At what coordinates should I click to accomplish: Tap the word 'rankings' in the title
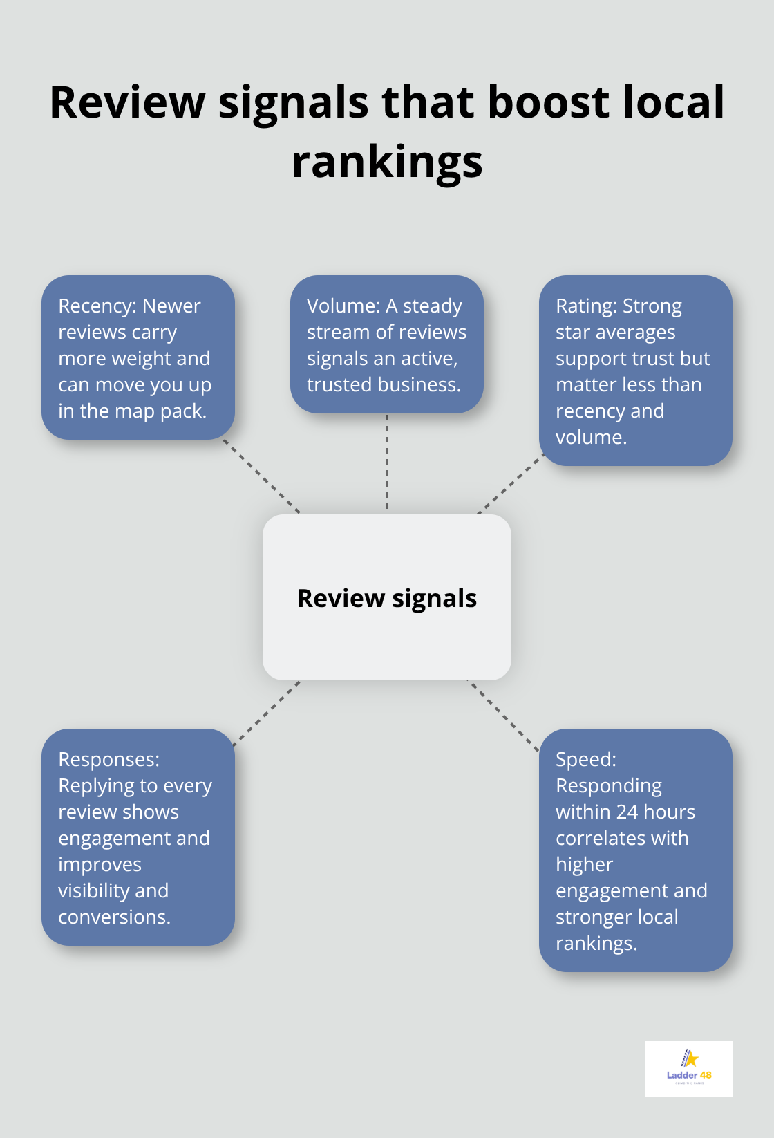[x=387, y=162]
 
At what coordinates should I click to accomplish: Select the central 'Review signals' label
[x=387, y=598]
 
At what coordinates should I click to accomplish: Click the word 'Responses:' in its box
[x=108, y=759]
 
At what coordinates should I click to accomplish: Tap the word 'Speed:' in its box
[x=585, y=759]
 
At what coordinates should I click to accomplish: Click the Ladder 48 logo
[x=688, y=1068]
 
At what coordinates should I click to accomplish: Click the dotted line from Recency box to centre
[x=262, y=476]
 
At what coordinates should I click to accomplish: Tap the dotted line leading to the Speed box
[x=504, y=716]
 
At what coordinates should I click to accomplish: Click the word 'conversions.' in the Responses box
[x=114, y=917]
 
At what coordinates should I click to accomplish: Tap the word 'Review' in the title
[x=127, y=102]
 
